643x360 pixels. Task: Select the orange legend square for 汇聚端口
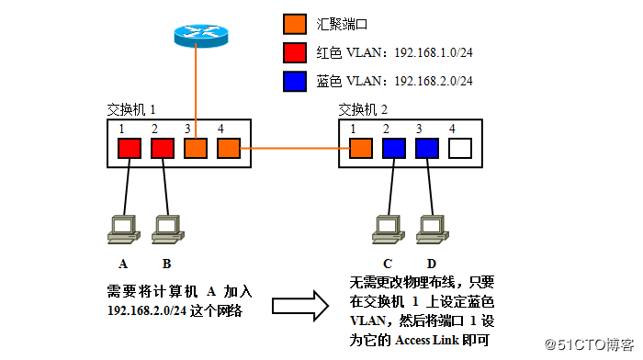tap(295, 21)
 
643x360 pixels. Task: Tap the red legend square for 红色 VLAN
tap(295, 51)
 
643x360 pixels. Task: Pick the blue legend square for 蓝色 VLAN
tap(295, 80)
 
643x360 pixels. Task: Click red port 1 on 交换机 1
tap(129, 147)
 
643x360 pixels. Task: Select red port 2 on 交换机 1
tap(162, 147)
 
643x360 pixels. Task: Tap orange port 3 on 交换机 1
tap(195, 147)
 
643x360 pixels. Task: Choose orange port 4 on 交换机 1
tap(228, 147)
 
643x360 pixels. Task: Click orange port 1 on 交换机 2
tap(361, 147)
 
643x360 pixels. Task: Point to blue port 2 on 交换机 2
tap(394, 147)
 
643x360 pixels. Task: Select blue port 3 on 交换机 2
tap(427, 147)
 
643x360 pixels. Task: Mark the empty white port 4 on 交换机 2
tap(460, 147)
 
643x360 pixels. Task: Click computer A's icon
tap(122, 229)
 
